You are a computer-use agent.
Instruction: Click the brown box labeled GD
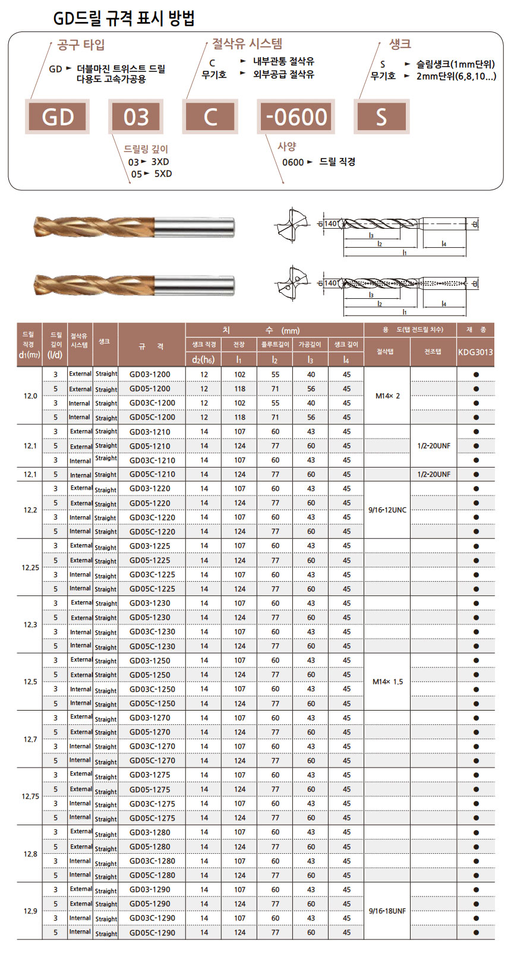(x=58, y=117)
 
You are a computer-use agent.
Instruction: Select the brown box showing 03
(x=136, y=117)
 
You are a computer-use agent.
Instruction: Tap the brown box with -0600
(x=296, y=117)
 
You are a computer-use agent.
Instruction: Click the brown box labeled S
(x=381, y=117)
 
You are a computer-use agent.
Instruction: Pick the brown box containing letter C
(x=210, y=117)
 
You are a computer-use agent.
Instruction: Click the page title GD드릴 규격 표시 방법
(x=124, y=19)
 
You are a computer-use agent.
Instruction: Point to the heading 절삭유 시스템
(x=247, y=43)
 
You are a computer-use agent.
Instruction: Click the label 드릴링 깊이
(x=146, y=149)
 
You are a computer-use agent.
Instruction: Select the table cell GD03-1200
(x=150, y=374)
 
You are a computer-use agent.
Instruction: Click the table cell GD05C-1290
(x=152, y=932)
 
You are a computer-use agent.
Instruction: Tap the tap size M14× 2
(x=387, y=396)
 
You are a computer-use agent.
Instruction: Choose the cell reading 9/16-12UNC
(x=387, y=510)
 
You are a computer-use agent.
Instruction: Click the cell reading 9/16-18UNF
(x=387, y=911)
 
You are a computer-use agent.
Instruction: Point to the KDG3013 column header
(x=475, y=352)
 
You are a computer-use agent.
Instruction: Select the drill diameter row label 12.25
(x=30, y=567)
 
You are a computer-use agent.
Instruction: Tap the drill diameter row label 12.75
(x=30, y=796)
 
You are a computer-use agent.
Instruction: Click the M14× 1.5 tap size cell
(x=387, y=681)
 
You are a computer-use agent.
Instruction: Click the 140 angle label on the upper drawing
(x=330, y=224)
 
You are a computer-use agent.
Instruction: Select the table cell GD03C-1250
(x=152, y=689)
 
